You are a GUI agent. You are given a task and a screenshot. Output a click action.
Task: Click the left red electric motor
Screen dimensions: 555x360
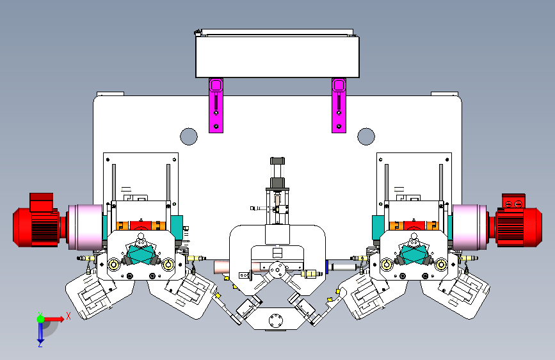[x=39, y=222]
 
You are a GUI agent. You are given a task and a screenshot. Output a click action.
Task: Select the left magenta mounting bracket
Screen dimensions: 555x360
[x=216, y=106]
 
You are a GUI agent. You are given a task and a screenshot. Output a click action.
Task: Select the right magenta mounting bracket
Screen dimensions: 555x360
[x=339, y=106]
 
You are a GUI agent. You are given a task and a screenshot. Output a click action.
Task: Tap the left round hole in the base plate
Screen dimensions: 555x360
[x=189, y=136]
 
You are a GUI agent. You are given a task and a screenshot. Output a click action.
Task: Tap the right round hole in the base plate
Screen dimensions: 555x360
[x=366, y=136]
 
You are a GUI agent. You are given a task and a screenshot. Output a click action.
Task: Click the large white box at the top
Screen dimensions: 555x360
[x=278, y=56]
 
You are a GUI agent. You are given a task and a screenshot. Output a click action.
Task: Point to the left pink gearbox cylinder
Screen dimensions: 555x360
[x=85, y=227]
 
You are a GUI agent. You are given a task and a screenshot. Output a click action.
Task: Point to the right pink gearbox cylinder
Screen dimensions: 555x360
[x=470, y=227]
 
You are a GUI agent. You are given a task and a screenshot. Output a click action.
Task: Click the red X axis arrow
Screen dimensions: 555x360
[x=54, y=319]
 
